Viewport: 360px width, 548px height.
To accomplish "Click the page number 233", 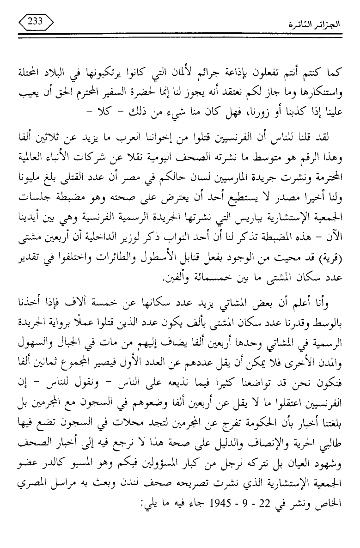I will point(35,20).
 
